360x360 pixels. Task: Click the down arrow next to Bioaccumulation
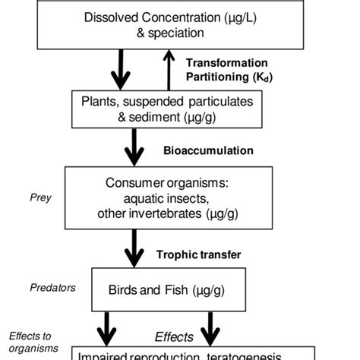(x=134, y=147)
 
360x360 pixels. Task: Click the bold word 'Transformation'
(x=226, y=62)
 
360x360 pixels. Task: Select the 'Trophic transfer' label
(x=198, y=254)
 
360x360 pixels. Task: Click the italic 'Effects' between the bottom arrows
(x=174, y=336)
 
